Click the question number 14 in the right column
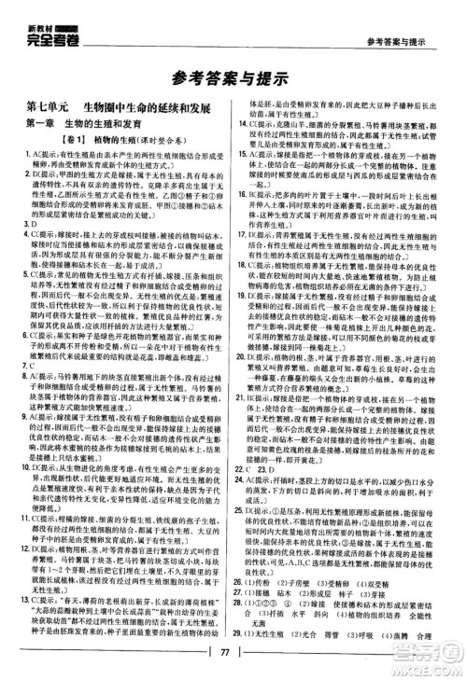(247, 125)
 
